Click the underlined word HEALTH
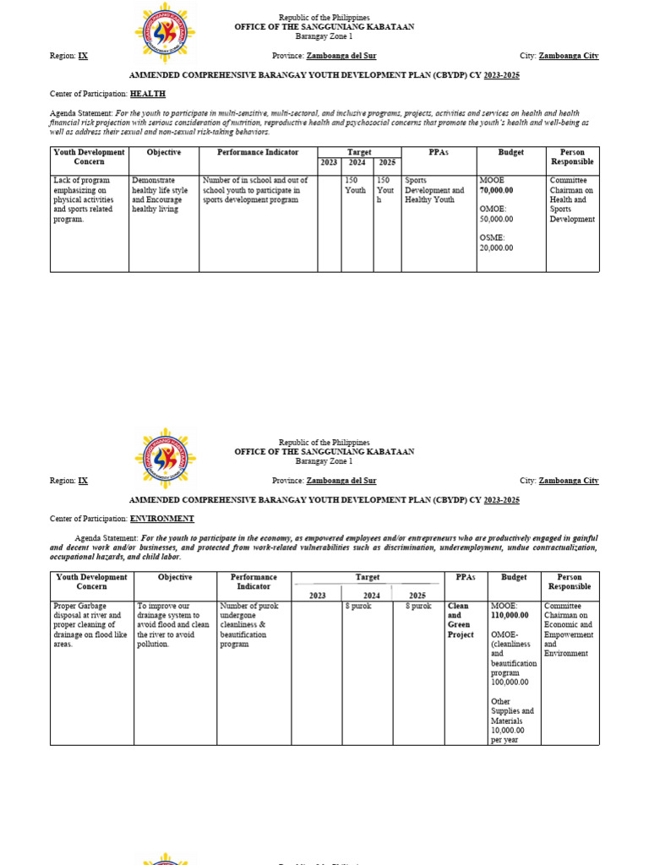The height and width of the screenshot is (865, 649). click(147, 94)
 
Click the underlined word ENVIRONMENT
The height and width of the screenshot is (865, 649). click(162, 519)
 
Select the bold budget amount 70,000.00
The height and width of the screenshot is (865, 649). click(496, 191)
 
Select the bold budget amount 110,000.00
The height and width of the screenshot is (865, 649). click(510, 616)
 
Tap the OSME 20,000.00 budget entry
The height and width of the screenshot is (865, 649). click(496, 242)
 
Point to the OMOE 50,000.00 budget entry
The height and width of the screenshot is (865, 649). click(496, 214)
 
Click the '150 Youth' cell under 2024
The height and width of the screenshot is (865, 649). click(356, 186)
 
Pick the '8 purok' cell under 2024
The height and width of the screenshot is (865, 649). click(356, 607)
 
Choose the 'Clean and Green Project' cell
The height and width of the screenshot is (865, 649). click(461, 620)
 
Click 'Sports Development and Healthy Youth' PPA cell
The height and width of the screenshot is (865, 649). click(435, 190)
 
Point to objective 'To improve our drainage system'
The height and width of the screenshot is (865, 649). click(173, 625)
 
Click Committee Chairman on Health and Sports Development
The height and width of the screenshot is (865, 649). click(572, 199)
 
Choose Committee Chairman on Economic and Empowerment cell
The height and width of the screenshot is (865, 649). click(569, 629)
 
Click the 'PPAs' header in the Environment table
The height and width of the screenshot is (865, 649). click(466, 578)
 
